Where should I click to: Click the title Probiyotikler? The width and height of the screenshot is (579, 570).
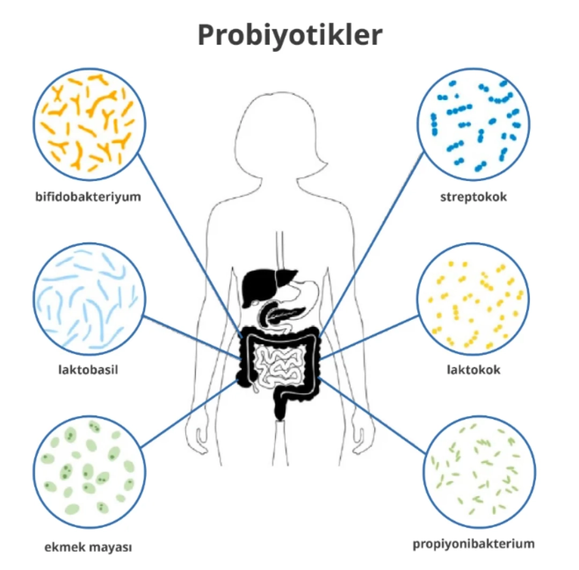pyautogui.click(x=290, y=35)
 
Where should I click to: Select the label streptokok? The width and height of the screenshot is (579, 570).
pyautogui.click(x=473, y=197)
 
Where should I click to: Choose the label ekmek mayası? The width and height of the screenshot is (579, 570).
pyautogui.click(x=88, y=547)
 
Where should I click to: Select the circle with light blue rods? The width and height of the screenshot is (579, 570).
pyautogui.click(x=89, y=299)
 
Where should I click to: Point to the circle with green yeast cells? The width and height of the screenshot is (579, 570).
pyautogui.click(x=89, y=471)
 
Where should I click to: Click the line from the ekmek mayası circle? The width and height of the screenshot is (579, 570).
pyautogui.click(x=188, y=413)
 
